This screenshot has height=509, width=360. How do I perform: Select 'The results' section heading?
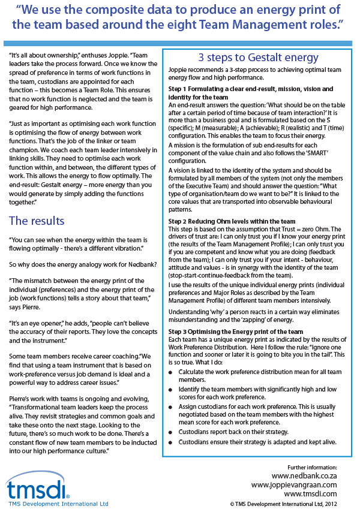click(x=37, y=221)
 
